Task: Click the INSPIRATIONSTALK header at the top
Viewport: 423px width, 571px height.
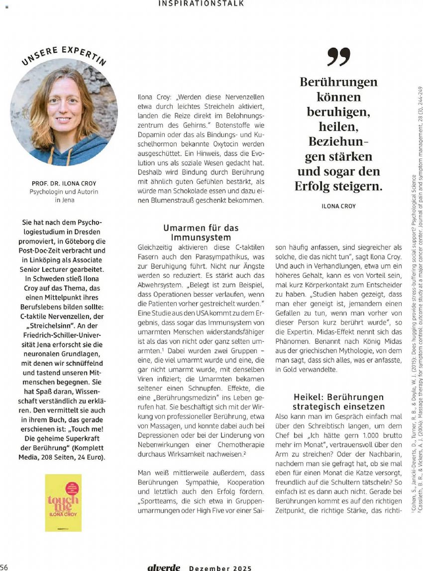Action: [x=201, y=3]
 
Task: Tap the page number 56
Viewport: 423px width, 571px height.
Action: [x=4, y=568]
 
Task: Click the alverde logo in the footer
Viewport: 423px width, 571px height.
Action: [x=164, y=568]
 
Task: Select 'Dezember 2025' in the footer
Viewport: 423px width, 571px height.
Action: [x=220, y=568]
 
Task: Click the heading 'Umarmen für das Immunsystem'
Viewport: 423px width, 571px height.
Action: [x=201, y=233]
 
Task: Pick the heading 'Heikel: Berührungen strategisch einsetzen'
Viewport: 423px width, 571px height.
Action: [x=338, y=402]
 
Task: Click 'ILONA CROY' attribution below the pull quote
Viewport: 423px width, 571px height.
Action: [x=338, y=206]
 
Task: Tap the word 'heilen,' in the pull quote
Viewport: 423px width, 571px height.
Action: [x=338, y=127]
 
